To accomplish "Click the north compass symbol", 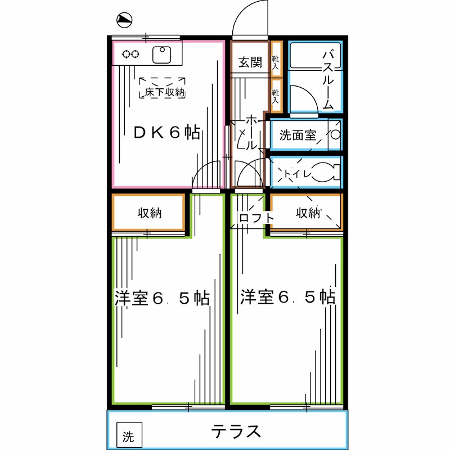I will (124, 20).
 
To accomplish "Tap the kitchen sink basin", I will (164, 55).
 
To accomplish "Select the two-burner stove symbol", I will (130, 55).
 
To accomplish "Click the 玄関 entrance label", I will (249, 62).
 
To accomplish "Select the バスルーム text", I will (329, 79).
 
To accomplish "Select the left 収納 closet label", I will (150, 213).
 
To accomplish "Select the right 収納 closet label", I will (308, 213).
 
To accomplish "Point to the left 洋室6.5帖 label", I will (162, 298).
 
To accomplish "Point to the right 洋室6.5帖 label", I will (288, 297).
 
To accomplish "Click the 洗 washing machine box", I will (129, 436).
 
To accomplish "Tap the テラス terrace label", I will (236, 431).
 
